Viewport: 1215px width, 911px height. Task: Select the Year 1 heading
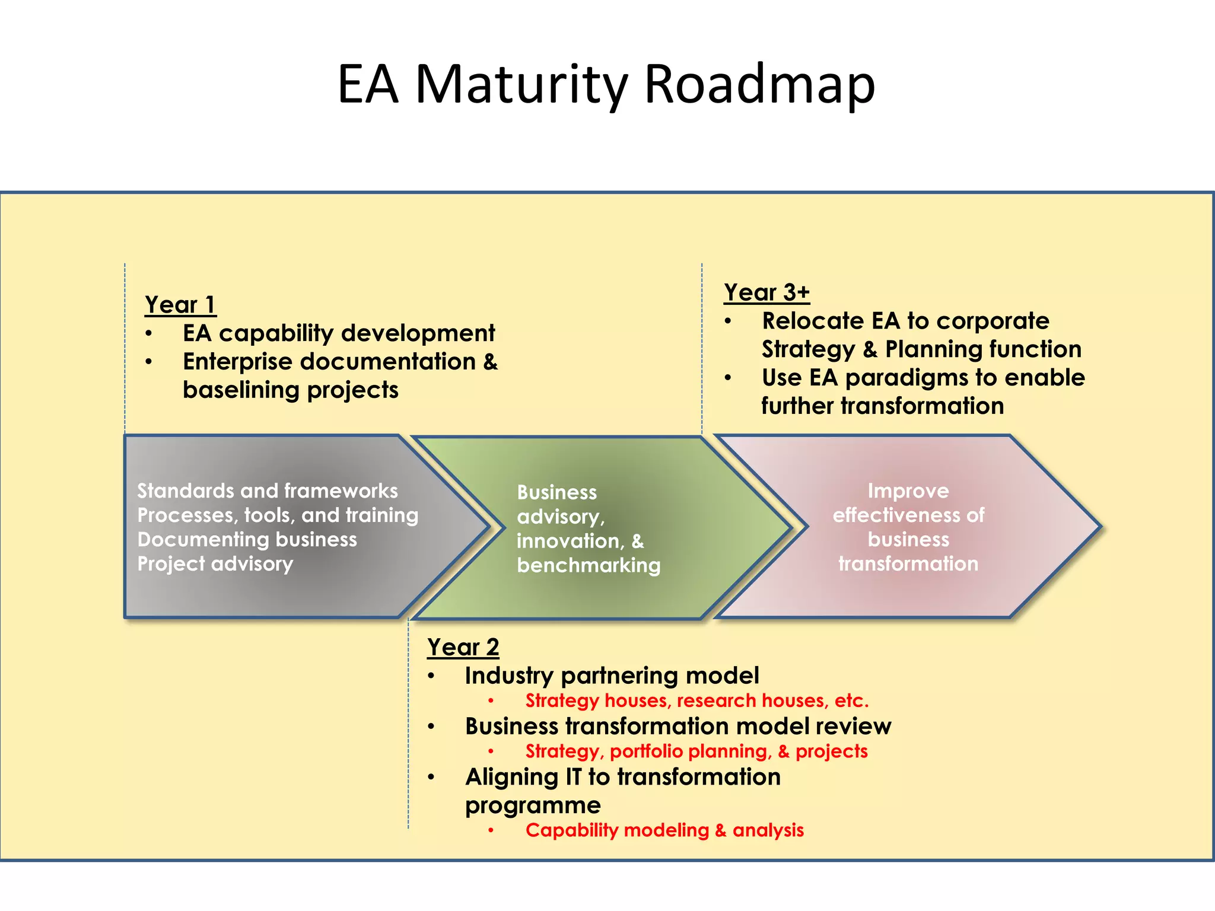180,305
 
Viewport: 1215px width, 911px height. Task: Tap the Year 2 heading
463,647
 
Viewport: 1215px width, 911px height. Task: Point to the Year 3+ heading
766,292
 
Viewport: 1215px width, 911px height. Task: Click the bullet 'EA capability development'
338,333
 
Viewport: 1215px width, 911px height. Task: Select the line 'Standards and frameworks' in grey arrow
267,491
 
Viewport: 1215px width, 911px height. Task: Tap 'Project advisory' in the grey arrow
215,563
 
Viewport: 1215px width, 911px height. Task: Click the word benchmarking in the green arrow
588,565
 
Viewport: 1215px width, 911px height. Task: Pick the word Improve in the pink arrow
908,491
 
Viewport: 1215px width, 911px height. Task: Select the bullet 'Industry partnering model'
611,676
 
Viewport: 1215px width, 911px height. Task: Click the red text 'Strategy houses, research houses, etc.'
696,701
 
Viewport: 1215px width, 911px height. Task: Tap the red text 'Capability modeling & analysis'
664,830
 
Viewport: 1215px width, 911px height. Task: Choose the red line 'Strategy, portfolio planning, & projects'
696,751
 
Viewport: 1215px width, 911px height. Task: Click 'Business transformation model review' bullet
678,727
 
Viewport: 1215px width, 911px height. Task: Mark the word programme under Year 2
532,805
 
